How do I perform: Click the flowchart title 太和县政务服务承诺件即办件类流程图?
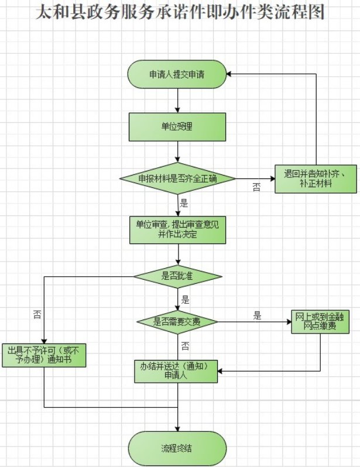point(180,13)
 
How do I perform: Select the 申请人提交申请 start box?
point(177,74)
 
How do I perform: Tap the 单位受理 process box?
point(177,126)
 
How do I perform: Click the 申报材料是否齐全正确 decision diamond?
point(177,178)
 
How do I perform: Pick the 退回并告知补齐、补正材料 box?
point(316,178)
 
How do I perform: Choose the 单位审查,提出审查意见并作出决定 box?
point(177,229)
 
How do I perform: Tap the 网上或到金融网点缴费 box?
point(320,322)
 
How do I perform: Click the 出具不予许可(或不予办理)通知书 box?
point(44,355)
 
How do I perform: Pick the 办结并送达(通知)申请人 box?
point(177,371)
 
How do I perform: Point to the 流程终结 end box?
point(177,449)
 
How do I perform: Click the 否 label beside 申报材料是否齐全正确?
point(256,188)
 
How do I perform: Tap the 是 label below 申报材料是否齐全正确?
point(184,203)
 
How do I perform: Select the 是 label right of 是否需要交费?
point(257,315)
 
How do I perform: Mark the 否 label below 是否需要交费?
point(184,345)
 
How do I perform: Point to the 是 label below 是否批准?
point(186,300)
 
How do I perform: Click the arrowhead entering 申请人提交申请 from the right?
point(230,74)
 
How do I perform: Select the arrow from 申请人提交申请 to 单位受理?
point(177,100)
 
